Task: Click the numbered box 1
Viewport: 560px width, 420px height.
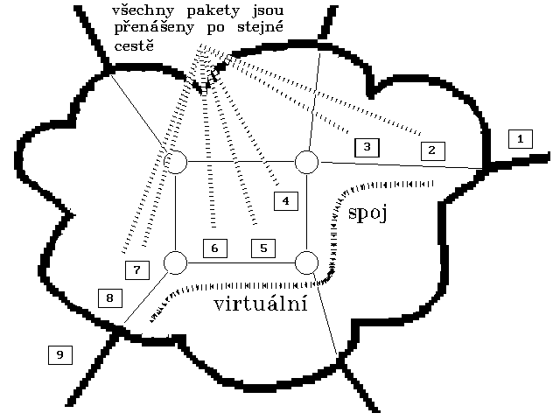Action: tap(520, 138)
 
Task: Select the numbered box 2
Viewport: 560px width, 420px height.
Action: tap(432, 150)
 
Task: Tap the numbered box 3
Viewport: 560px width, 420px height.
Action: tap(367, 147)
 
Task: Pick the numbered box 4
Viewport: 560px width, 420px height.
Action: tap(285, 201)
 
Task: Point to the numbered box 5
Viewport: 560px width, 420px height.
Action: tap(263, 248)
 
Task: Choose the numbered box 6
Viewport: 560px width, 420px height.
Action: tap(215, 248)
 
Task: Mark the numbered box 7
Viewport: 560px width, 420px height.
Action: tap(136, 269)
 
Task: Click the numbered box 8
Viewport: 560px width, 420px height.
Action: tap(109, 298)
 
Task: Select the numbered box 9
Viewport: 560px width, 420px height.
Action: tap(59, 354)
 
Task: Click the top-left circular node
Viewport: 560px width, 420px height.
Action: tap(176, 162)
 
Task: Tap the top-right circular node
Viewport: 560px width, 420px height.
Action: tap(306, 162)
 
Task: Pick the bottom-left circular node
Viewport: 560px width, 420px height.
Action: tap(176, 262)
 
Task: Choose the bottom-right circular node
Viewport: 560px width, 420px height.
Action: tap(306, 262)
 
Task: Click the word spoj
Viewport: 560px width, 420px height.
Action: tap(367, 213)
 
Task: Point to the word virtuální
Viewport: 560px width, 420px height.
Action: tap(260, 304)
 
